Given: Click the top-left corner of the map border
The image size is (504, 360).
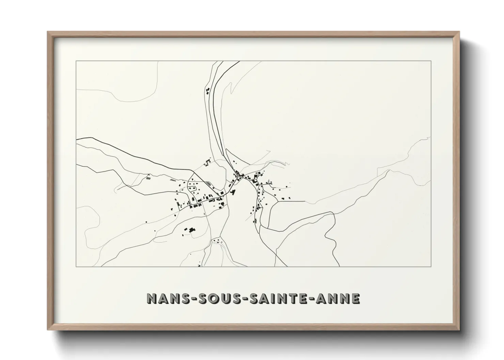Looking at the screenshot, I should tap(76, 61).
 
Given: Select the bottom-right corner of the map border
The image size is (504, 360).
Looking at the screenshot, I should tap(431, 267).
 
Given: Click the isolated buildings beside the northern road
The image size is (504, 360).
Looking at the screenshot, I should tap(207, 91).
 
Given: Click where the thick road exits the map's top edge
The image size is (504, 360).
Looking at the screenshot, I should tap(238, 62).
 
